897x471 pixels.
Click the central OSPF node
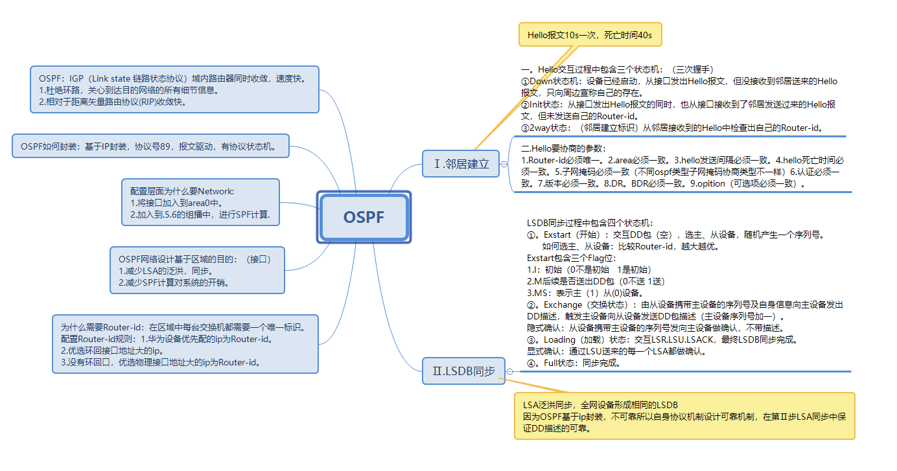(364, 217)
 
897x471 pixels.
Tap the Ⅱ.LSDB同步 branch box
(463, 371)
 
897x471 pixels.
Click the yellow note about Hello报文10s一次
(590, 35)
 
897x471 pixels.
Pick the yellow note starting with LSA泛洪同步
(684, 416)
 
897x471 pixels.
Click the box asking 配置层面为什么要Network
(200, 202)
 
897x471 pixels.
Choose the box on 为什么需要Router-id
(185, 344)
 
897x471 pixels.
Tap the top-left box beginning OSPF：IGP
(175, 89)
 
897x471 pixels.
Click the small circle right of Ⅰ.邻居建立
(504, 165)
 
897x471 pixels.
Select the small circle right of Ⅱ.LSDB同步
(510, 371)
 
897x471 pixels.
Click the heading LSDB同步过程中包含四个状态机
(590, 223)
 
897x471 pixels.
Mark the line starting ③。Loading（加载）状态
(662, 339)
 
